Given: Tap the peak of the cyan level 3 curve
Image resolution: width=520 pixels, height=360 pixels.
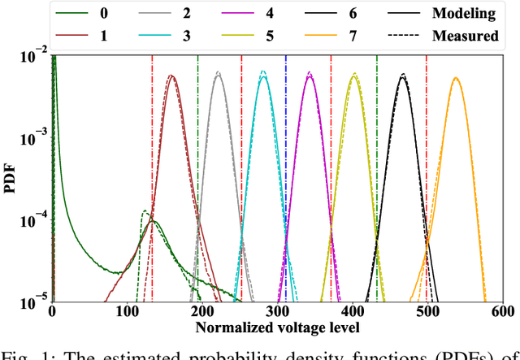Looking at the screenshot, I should tap(262, 73).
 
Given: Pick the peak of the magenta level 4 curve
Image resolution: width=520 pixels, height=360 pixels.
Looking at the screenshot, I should tap(310, 74).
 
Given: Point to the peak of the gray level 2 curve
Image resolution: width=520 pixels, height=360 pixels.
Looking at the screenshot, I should tap(217, 73).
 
